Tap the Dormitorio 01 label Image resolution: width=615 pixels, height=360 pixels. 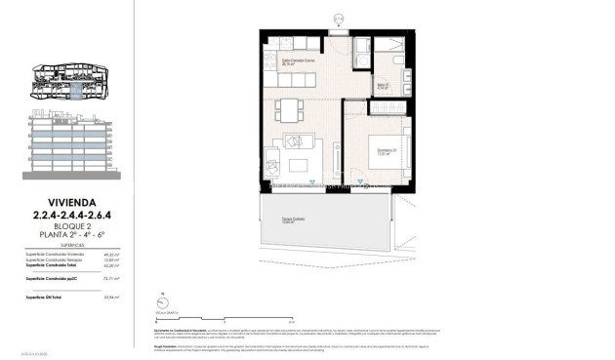(388, 151)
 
